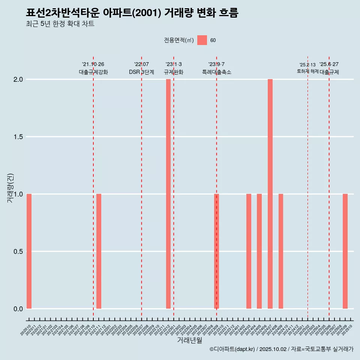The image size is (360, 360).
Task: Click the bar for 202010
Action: click(29, 251)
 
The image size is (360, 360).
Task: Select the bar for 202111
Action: click(99, 251)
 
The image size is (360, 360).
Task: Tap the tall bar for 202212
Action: click(168, 194)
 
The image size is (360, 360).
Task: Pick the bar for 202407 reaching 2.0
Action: click(270, 194)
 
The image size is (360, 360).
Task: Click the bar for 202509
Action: click(345, 251)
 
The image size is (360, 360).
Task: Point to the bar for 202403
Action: click(249, 251)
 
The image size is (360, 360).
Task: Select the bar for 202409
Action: click(281, 251)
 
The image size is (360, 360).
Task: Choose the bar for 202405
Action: click(259, 251)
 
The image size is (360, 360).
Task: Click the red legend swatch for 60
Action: click(202, 40)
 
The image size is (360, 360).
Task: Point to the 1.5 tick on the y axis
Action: click(18, 137)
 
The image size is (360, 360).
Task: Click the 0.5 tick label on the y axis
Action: click(18, 252)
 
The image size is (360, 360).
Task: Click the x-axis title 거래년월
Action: click(190, 340)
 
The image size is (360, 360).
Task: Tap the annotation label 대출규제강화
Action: click(93, 72)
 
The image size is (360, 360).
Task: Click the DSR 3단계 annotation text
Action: click(141, 72)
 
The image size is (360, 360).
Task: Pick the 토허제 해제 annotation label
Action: click(307, 71)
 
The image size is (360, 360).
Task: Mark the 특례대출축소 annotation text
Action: click(216, 72)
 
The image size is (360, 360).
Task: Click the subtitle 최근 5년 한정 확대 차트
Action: click(60, 24)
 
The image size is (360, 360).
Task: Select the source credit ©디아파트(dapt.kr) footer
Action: click(281, 349)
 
